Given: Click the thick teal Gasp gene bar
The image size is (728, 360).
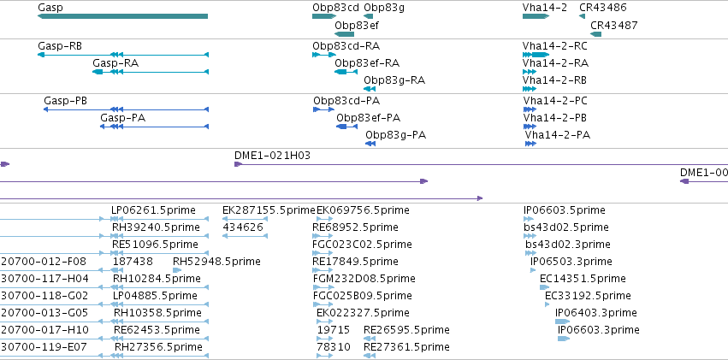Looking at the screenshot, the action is tap(122, 16).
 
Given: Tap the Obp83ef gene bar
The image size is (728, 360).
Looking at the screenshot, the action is tap(345, 34).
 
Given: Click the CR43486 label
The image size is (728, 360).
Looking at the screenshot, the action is tap(602, 8).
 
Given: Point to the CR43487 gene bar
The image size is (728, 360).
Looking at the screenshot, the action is tap(595, 34).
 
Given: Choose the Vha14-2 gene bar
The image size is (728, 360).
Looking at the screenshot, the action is tap(536, 16).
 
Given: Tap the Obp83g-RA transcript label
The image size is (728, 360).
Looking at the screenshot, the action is tap(394, 80).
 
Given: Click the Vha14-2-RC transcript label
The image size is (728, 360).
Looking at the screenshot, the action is tap(555, 46).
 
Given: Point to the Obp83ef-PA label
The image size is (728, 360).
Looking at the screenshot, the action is tap(368, 118).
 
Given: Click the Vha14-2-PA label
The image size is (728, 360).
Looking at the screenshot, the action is tap(558, 135).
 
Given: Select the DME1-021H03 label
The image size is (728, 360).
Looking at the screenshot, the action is tap(272, 156).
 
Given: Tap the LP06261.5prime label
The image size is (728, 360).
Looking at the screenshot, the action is tap(153, 210).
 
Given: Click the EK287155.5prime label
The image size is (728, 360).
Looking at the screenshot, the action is tap(269, 210).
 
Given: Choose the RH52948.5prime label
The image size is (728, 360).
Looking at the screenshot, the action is tap(216, 261).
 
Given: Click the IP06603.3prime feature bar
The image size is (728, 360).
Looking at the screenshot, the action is tap(564, 339).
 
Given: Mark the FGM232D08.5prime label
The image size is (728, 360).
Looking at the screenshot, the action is tap(364, 279).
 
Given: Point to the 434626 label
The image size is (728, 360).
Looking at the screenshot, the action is tap(243, 227).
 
